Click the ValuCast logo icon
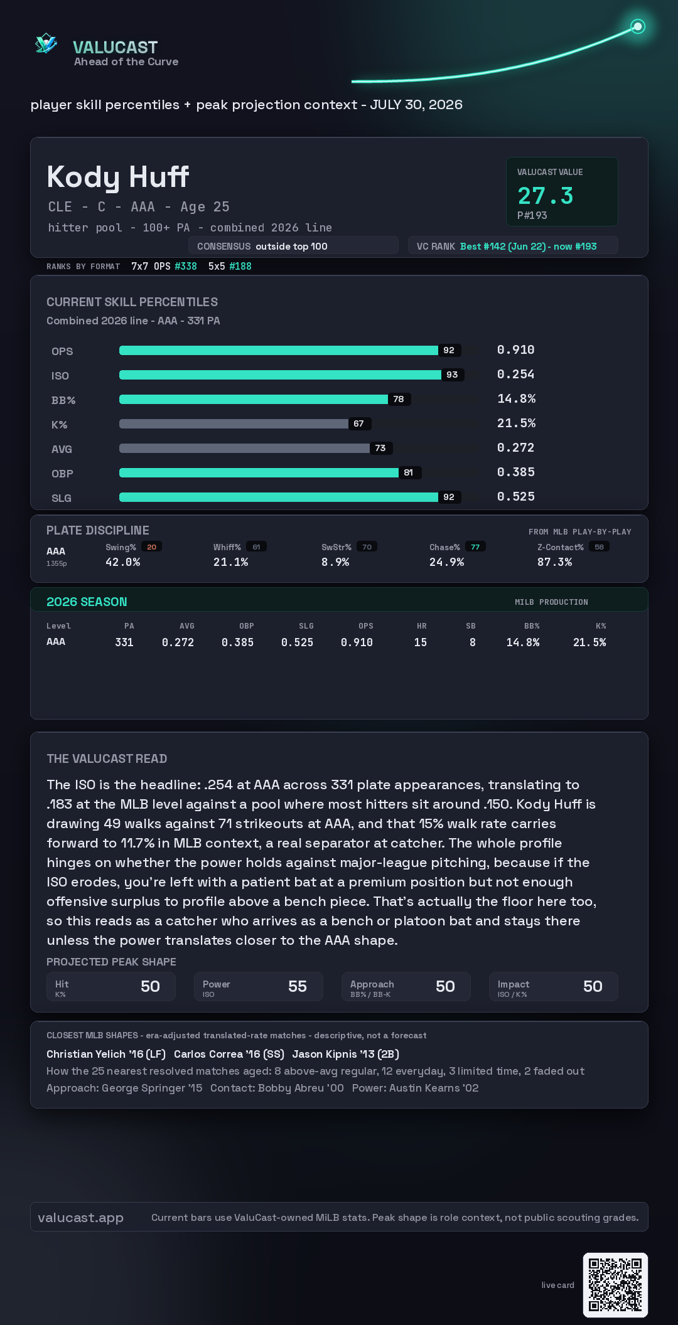click(46, 43)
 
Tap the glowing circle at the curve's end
click(638, 26)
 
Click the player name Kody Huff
click(118, 177)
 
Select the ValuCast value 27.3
click(545, 196)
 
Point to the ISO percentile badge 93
click(452, 375)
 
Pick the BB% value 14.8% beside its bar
click(516, 399)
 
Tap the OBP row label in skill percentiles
click(62, 474)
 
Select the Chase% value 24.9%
click(446, 562)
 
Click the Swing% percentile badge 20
click(152, 547)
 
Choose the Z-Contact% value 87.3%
click(554, 562)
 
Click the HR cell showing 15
click(421, 642)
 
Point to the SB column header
click(471, 626)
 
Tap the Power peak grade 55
click(298, 986)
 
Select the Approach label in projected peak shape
click(372, 984)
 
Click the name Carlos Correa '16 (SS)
click(229, 1054)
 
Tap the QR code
click(615, 1285)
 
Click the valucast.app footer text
click(80, 1218)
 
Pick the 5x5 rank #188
click(240, 266)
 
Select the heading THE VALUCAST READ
click(107, 758)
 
